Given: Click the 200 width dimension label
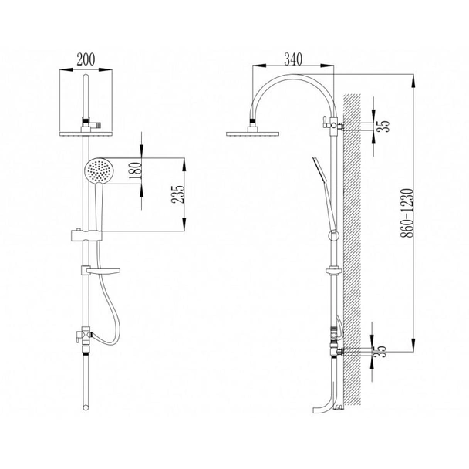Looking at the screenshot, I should point(87,58).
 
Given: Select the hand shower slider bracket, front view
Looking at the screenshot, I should point(86,235).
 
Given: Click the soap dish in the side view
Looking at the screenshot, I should point(332,270).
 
